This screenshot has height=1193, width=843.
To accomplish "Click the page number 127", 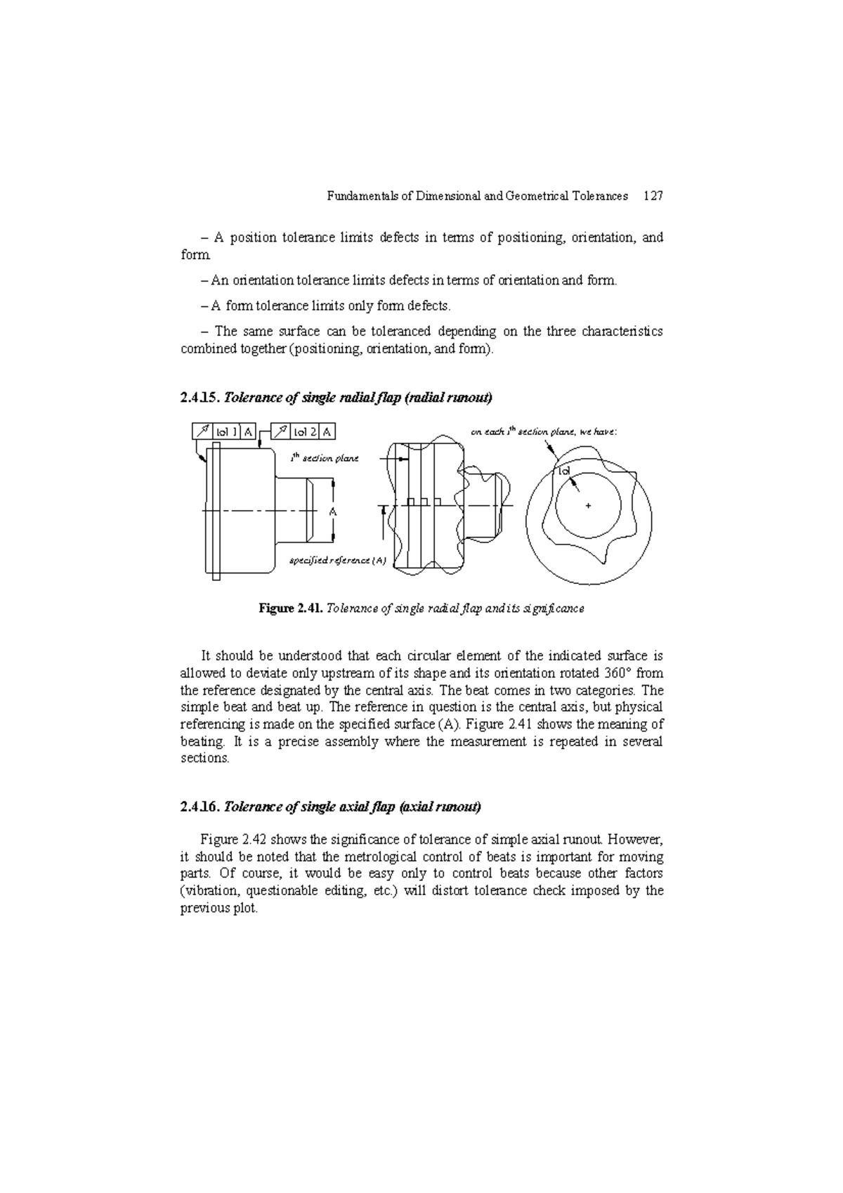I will (x=653, y=196).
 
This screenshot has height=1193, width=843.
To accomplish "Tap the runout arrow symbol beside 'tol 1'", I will (x=202, y=431).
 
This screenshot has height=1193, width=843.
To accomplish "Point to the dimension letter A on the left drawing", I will (x=333, y=512).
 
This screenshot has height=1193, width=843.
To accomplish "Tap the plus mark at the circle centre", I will (x=588, y=505).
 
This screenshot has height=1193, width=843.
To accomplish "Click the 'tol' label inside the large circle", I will (x=563, y=470).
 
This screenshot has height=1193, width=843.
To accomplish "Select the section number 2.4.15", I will (x=200, y=398).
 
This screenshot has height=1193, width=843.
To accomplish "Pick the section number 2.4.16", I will (x=200, y=807).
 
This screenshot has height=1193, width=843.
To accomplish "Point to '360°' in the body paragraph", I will (x=620, y=673).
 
